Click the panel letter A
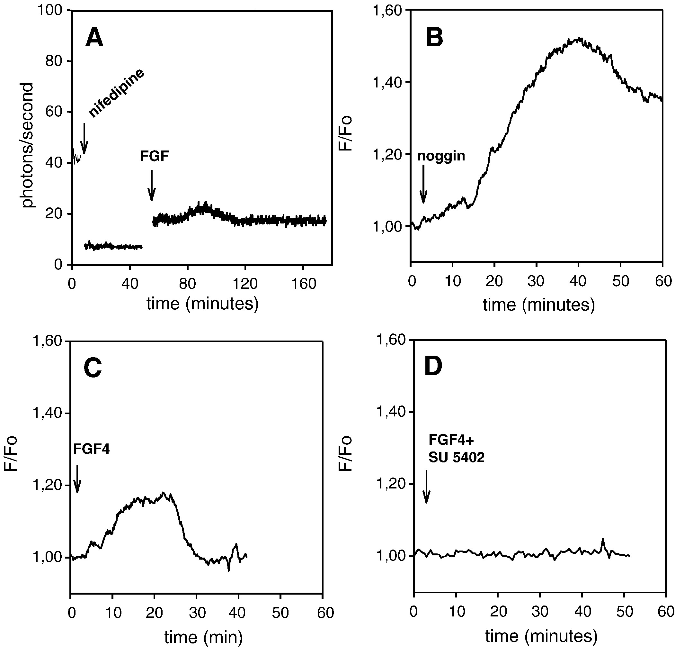94,38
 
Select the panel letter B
434,38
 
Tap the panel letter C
93,368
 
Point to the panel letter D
433,367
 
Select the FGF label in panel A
154,156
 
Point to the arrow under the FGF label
152,186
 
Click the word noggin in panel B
441,156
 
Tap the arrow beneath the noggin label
423,184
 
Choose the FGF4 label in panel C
91,449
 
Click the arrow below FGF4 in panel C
77,479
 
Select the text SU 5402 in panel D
456,457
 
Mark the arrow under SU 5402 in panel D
426,486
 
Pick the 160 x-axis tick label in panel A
303,284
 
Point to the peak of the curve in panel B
579,39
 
